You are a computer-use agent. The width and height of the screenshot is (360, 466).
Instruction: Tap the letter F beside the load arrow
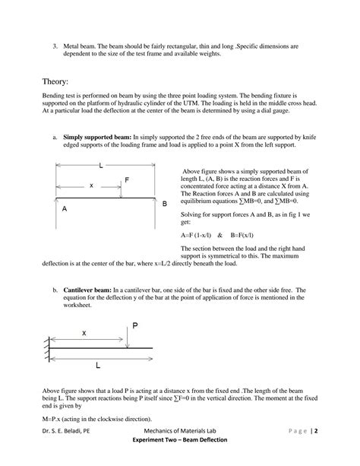pyautogui.click(x=127, y=180)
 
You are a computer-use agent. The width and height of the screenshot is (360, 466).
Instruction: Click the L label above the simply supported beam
pyautogui.click(x=101, y=165)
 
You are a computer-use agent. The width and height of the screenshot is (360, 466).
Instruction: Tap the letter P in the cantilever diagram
pyautogui.click(x=134, y=325)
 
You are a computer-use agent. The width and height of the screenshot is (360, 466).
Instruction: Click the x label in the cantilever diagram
pyautogui.click(x=84, y=333)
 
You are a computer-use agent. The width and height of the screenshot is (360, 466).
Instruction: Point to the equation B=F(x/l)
pyautogui.click(x=242, y=235)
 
